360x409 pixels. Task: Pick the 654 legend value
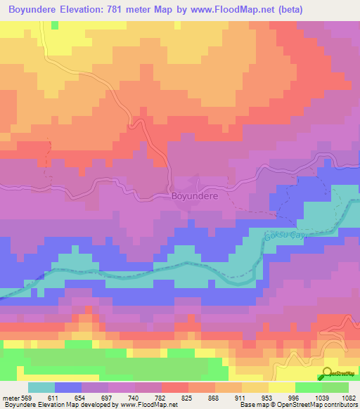pyautogui.click(x=92, y=397)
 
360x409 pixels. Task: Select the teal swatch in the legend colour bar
pyautogui.click(x=41, y=387)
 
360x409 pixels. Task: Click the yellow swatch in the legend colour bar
pyautogui.click(x=281, y=387)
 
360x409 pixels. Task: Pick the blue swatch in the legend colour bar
pyautogui.click(x=68, y=387)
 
